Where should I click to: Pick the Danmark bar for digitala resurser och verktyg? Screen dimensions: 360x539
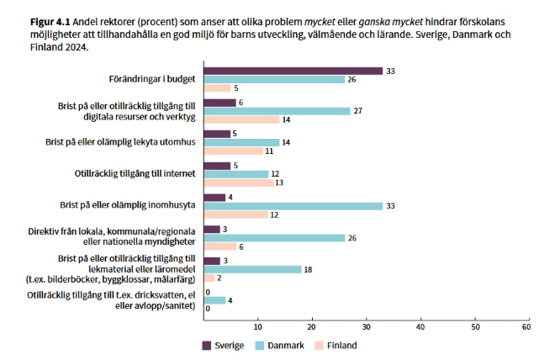pyautogui.click(x=277, y=110)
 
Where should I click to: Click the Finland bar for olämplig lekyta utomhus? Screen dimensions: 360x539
pyautogui.click(x=233, y=151)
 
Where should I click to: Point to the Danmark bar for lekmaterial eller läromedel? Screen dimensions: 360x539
pyautogui.click(x=252, y=269)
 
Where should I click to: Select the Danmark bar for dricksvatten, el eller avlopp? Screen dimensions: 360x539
pyautogui.click(x=214, y=300)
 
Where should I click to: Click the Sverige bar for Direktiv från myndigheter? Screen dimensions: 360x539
pyautogui.click(x=211, y=229)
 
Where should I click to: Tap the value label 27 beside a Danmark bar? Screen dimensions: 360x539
pyautogui.click(x=357, y=110)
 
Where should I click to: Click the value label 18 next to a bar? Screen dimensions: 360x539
pyautogui.click(x=308, y=269)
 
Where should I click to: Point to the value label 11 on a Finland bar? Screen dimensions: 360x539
pyautogui.click(x=269, y=151)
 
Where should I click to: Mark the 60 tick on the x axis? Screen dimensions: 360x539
pyautogui.click(x=527, y=326)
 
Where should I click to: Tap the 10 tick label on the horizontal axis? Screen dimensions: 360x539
pyautogui.click(x=257, y=326)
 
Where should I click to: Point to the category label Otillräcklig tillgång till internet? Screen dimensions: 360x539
pyautogui.click(x=135, y=173)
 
